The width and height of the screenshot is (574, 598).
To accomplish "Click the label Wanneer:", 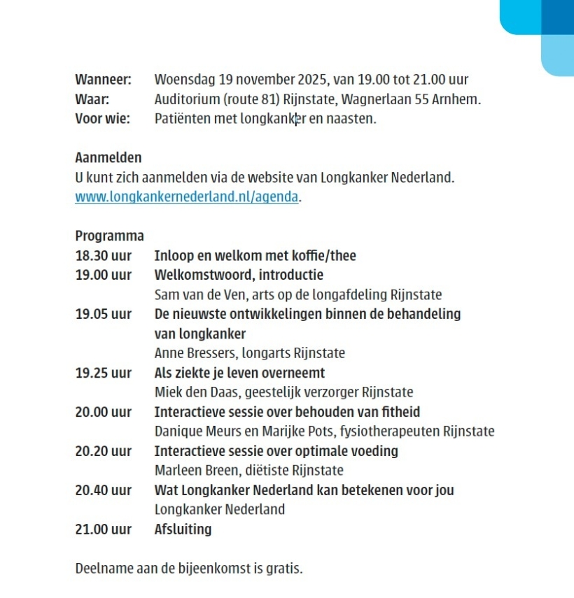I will [x=103, y=80].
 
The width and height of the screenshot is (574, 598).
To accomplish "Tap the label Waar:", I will [x=92, y=99].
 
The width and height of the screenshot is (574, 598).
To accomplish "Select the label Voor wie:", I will [x=102, y=119].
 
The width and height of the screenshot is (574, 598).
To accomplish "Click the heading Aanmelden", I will [x=108, y=158].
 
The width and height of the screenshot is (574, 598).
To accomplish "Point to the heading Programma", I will [x=109, y=236].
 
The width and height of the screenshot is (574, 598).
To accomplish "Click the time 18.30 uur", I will [x=103, y=256].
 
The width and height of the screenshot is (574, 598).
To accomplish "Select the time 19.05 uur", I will [x=103, y=314].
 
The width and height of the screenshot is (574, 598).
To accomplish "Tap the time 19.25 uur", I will [x=103, y=373].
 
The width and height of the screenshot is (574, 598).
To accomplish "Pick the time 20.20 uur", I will [x=103, y=451].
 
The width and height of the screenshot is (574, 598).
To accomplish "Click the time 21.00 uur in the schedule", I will [x=103, y=529].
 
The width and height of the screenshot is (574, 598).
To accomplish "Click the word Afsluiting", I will [x=183, y=529].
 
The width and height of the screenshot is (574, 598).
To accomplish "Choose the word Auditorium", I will [x=185, y=99].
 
